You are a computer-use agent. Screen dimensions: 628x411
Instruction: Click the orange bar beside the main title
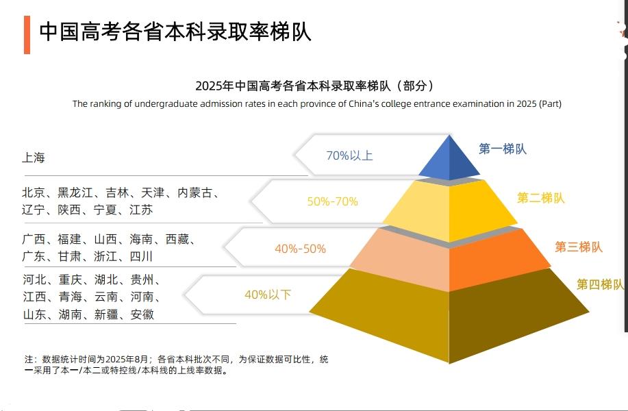(27, 35)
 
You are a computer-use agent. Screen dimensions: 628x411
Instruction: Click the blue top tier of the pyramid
(449, 160)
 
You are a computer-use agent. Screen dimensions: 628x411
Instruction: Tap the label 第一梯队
(502, 149)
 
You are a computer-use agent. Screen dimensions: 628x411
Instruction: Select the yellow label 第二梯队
(541, 198)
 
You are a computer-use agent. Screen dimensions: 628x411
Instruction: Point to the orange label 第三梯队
(578, 247)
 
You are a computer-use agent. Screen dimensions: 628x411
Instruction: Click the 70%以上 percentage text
(349, 155)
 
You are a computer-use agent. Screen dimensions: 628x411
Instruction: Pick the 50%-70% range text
(332, 201)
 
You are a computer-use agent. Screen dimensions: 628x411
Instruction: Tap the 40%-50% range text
(300, 249)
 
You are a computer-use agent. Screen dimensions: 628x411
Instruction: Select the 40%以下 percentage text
(268, 295)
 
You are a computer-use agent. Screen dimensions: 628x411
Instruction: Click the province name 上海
(34, 158)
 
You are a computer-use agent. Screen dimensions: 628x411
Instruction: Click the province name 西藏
(177, 239)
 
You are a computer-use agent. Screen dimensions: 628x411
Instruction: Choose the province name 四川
(141, 256)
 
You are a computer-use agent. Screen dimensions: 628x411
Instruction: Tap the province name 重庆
(70, 279)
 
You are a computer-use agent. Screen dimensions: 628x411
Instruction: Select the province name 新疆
(106, 314)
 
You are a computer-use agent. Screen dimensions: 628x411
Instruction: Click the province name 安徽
(142, 314)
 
